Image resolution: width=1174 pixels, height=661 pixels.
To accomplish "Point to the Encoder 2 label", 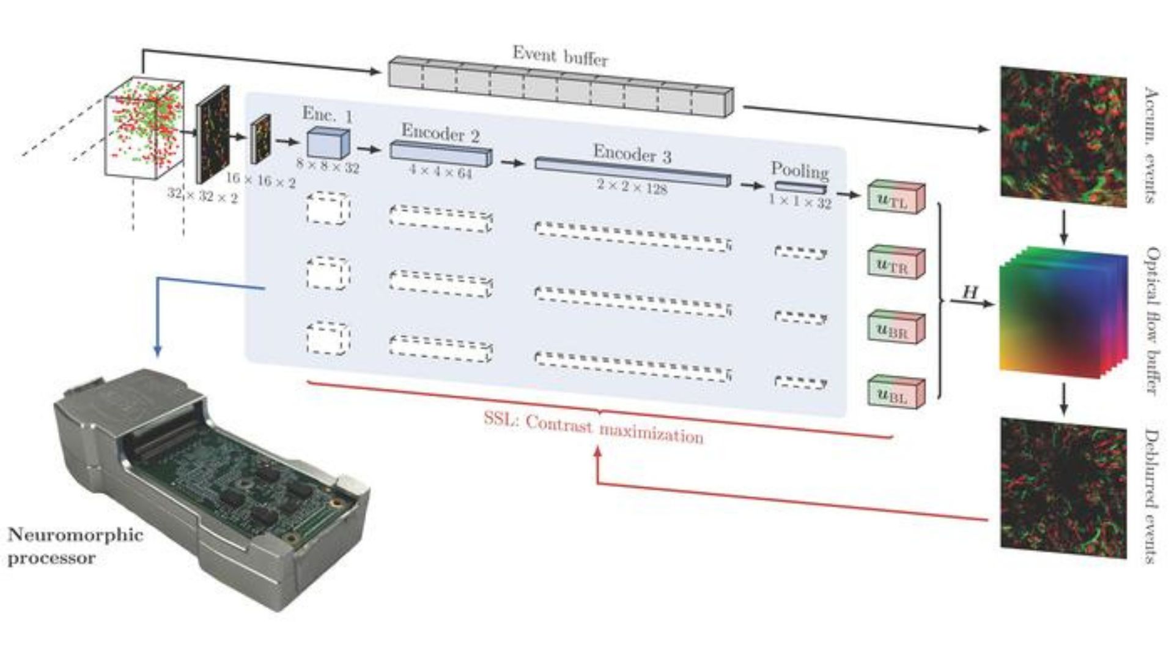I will click(x=440, y=133).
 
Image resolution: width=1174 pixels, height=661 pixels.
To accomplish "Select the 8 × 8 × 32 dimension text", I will click(x=328, y=166).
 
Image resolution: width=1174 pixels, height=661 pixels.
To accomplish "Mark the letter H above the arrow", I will click(x=970, y=292).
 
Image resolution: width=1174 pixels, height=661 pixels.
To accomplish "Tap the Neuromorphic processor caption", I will click(x=75, y=546).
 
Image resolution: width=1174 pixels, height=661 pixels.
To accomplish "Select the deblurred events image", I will click(x=1063, y=488).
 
